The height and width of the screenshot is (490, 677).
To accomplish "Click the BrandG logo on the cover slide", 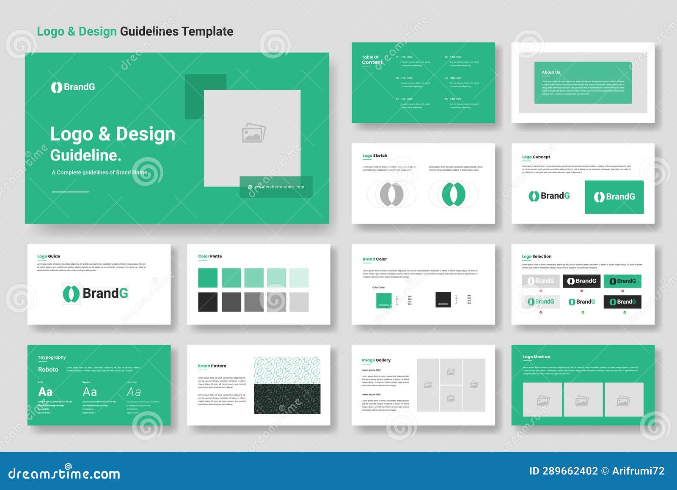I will (x=73, y=87).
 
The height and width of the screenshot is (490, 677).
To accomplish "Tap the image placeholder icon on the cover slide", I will (x=253, y=133).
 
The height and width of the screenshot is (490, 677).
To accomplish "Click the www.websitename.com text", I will (x=279, y=187).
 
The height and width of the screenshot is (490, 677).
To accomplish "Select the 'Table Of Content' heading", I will (x=372, y=60).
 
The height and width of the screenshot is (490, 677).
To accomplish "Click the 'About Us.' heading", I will (x=551, y=72).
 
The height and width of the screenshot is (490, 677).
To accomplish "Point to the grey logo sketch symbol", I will (x=391, y=194).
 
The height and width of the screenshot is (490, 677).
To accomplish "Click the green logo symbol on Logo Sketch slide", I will (x=454, y=194).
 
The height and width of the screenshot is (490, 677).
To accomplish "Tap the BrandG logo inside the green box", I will (x=614, y=197).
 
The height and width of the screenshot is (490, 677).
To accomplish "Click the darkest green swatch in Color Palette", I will (x=208, y=278).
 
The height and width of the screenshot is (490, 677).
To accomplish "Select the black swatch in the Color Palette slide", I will (x=208, y=302).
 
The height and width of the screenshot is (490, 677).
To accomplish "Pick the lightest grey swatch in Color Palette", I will (x=299, y=302).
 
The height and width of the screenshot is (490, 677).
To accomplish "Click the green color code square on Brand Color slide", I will (x=384, y=300).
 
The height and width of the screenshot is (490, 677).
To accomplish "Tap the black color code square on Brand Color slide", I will (x=443, y=299).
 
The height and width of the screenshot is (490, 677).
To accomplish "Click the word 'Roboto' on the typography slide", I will (x=48, y=370).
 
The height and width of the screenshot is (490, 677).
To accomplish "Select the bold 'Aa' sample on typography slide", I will (x=45, y=392).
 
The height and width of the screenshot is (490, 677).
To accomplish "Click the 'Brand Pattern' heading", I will (x=212, y=366).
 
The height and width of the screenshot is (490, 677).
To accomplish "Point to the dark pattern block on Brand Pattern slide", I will (x=287, y=399).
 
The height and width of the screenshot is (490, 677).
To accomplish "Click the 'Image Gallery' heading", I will (x=376, y=360).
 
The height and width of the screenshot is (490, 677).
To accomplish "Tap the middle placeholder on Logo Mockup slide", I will (x=582, y=400).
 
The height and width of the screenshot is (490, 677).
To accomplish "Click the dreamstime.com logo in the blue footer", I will (x=64, y=473).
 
